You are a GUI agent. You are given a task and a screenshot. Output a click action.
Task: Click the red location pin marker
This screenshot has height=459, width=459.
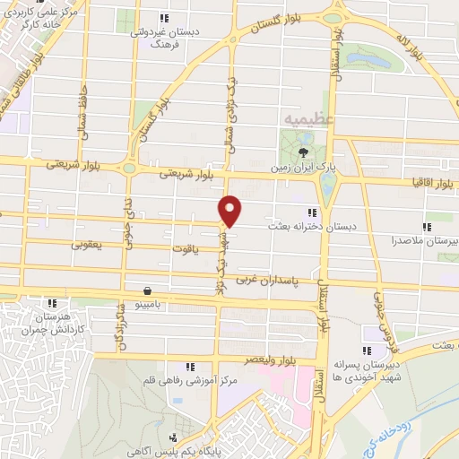(x=230, y=210)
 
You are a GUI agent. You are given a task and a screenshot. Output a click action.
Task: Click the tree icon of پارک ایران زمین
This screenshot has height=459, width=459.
(x=302, y=151)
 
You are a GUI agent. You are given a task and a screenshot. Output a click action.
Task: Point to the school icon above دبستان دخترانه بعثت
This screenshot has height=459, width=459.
(x=311, y=212)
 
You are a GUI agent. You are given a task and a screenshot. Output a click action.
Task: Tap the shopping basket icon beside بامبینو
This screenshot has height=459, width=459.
(x=146, y=290)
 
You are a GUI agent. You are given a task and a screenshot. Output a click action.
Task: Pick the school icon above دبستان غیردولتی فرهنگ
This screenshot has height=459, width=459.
(x=163, y=17)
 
